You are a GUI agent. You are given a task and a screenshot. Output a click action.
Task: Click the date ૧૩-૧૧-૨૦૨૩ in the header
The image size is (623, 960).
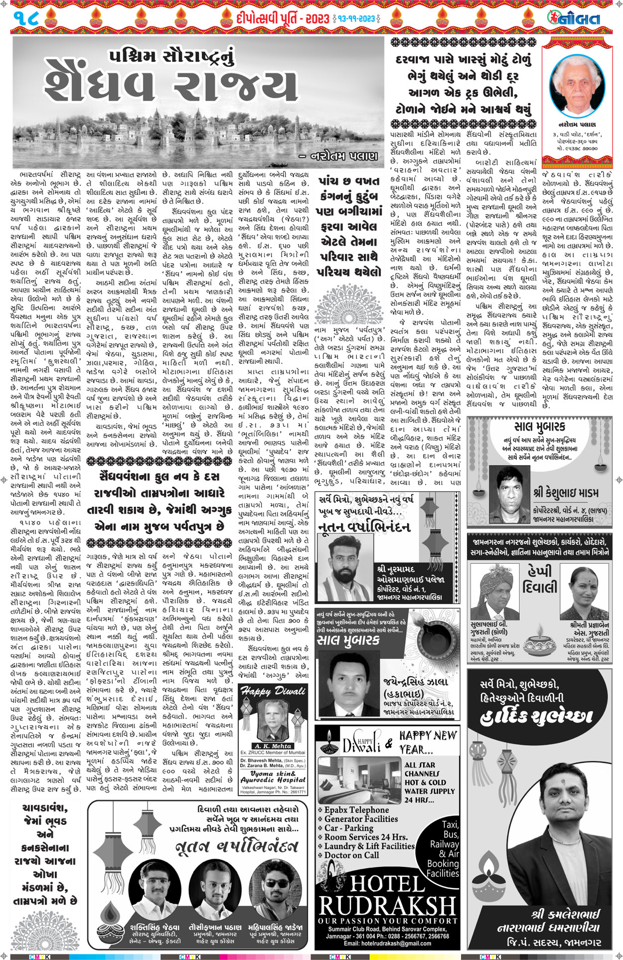coord(357,19)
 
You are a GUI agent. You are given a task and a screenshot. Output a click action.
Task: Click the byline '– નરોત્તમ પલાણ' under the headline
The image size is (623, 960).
coord(338,157)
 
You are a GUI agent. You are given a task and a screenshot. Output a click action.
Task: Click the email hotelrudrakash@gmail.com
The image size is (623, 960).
coord(387,943)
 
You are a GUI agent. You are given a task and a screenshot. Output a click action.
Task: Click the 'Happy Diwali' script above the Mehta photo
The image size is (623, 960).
coord(273,691)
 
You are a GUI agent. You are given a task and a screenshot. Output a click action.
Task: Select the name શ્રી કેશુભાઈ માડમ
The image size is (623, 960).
coord(566,493)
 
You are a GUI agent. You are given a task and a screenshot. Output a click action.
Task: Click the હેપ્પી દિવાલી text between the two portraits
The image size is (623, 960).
coord(539,580)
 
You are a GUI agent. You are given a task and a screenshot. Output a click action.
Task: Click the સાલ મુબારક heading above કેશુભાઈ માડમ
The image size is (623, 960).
coord(539,427)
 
